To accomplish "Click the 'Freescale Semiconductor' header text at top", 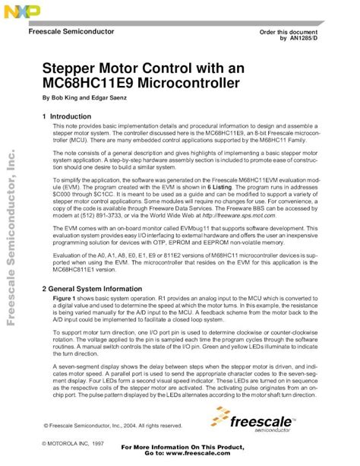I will coord(71,32).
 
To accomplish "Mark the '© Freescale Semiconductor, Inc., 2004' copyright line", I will coord(112,426).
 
